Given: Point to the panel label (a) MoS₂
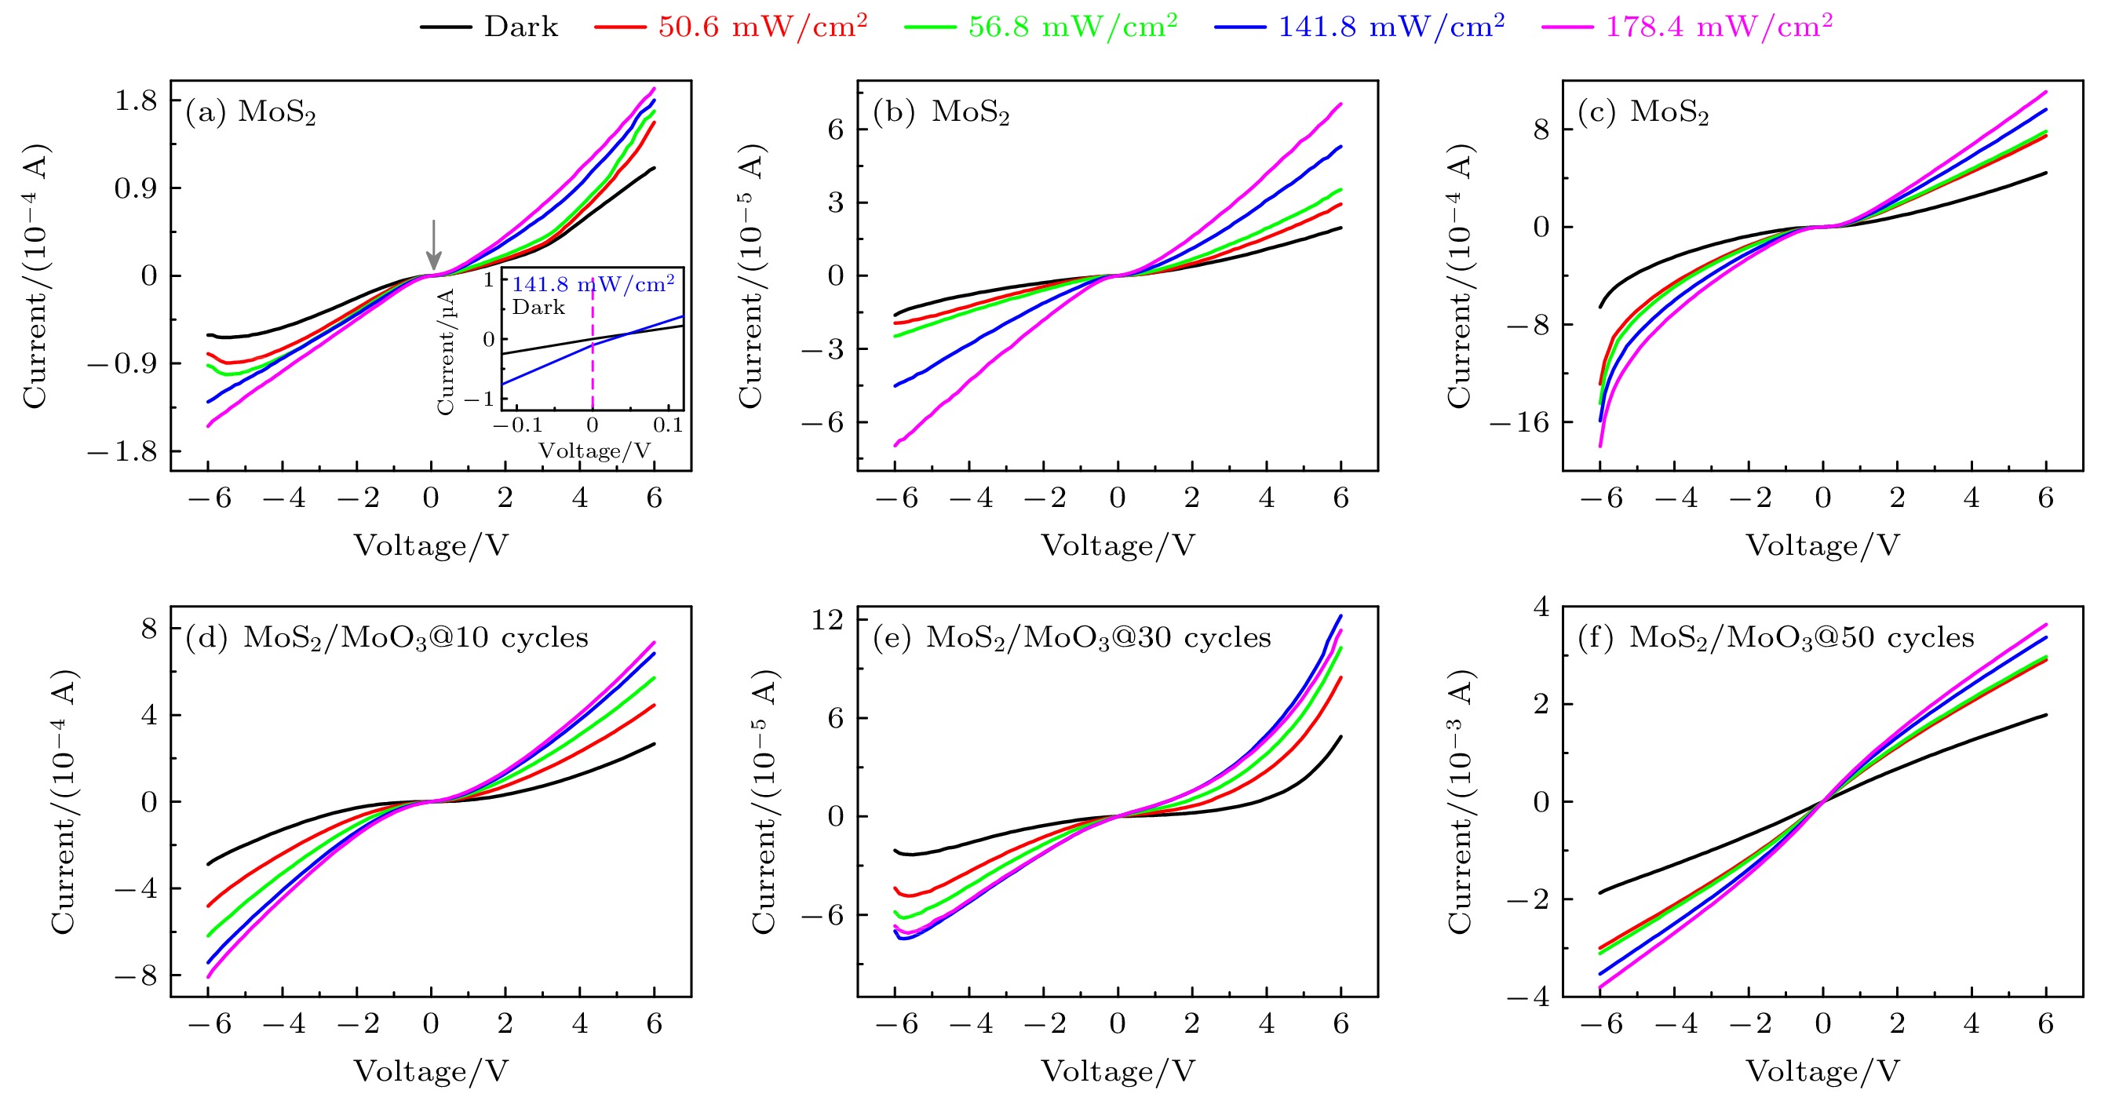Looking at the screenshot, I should (x=250, y=111).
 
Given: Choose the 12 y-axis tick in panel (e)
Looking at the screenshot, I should (x=827, y=620).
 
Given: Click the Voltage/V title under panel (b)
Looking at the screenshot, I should (x=1118, y=545).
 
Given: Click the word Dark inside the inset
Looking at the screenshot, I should (x=538, y=308).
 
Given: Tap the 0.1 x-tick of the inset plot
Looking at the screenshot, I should (x=667, y=425).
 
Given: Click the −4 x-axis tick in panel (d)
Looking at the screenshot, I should (x=283, y=1024).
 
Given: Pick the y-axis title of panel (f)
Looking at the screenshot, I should (x=1459, y=801).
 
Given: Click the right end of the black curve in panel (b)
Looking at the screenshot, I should (x=1340, y=228).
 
